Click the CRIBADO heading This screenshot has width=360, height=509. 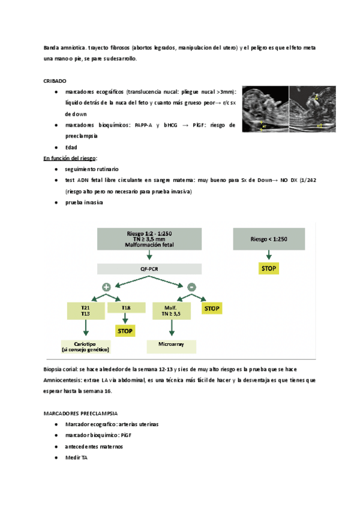pyautogui.click(x=55, y=80)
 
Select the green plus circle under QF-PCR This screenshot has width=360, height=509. pyautogui.click(x=106, y=286)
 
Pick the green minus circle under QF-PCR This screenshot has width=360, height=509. pyautogui.click(x=191, y=286)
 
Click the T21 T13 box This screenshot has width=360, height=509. pyautogui.click(x=85, y=310)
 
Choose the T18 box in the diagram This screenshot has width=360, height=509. pyautogui.click(x=126, y=307)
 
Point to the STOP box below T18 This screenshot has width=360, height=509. pyautogui.click(x=126, y=331)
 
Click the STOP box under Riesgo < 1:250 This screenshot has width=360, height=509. pyautogui.click(x=268, y=268)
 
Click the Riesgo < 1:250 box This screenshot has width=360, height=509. pyautogui.click(x=268, y=239)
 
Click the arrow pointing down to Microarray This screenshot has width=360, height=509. pyautogui.click(x=172, y=329)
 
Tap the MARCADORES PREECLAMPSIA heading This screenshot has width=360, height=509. pyautogui.click(x=80, y=414)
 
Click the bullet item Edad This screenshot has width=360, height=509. pyautogui.click(x=71, y=147)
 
